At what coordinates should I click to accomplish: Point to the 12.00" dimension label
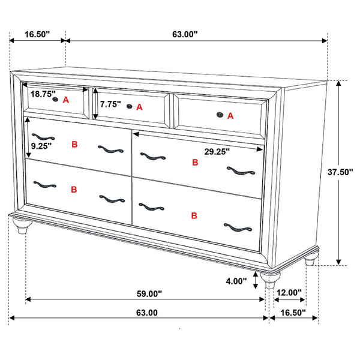290,293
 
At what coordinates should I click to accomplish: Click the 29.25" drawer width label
217,152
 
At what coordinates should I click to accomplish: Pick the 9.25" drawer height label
41,145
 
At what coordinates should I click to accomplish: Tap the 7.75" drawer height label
110,104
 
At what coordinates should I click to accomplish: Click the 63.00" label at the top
185,35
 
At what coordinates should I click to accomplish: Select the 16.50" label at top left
37,35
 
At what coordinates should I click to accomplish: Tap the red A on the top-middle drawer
140,107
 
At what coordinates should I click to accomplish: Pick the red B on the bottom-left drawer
74,190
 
